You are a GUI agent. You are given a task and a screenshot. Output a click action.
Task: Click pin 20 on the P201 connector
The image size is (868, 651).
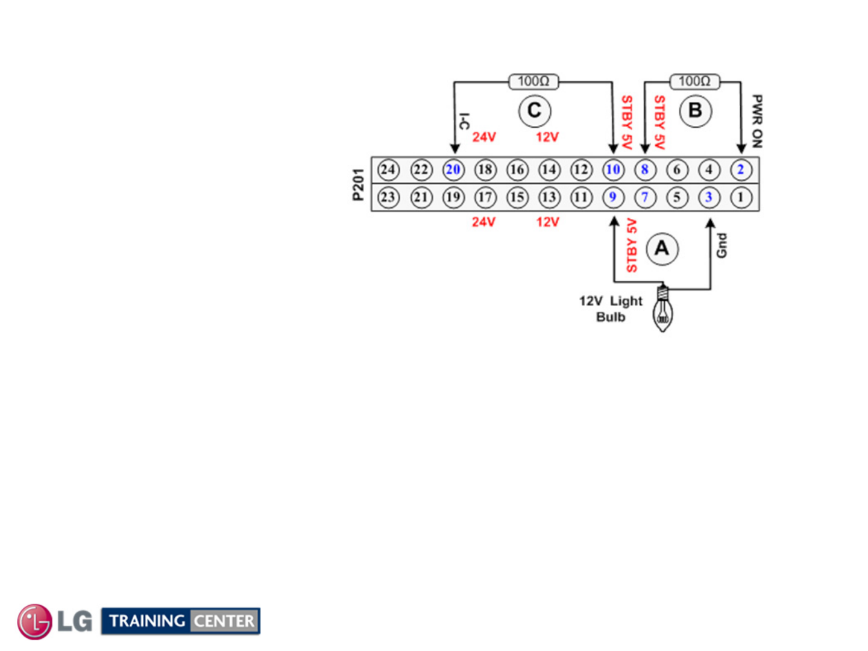click(x=453, y=170)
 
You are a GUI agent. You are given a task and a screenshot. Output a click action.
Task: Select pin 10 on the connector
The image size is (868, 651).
click(x=613, y=170)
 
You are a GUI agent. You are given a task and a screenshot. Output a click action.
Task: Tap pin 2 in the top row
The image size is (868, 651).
click(x=741, y=170)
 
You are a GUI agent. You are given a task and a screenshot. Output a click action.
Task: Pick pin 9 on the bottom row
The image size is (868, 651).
click(x=613, y=197)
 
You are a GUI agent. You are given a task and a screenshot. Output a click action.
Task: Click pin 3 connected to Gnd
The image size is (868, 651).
click(x=709, y=197)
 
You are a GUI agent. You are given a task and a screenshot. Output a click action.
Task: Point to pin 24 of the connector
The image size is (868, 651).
click(x=389, y=170)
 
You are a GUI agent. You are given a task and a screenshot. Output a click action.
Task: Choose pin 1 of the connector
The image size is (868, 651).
click(x=741, y=197)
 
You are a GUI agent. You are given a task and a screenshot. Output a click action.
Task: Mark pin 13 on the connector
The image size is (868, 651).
click(x=549, y=197)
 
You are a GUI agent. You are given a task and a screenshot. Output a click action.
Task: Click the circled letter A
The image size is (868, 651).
click(x=662, y=248)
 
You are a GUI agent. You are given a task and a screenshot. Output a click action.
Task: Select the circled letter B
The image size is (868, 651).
click(x=695, y=111)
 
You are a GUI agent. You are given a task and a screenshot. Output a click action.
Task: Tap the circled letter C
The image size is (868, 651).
click(x=534, y=111)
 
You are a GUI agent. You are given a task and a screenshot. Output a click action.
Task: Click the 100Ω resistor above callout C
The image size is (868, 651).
click(x=533, y=81)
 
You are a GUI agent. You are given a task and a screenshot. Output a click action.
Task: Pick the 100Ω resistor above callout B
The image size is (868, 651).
click(x=694, y=81)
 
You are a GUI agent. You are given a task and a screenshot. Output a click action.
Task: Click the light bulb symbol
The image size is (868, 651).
click(x=663, y=311)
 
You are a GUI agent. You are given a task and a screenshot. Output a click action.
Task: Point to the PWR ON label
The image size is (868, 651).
click(x=757, y=121)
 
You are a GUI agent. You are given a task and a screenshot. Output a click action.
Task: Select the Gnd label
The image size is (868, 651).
click(x=722, y=245)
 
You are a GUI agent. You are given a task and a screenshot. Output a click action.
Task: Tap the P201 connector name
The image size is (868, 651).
click(x=358, y=184)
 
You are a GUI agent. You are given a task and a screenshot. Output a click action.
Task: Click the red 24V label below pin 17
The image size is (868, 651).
click(x=483, y=222)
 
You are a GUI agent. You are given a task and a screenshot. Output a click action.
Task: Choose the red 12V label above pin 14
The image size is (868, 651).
click(x=547, y=137)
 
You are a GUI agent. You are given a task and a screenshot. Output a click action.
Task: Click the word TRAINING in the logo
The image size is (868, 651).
click(x=147, y=621)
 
